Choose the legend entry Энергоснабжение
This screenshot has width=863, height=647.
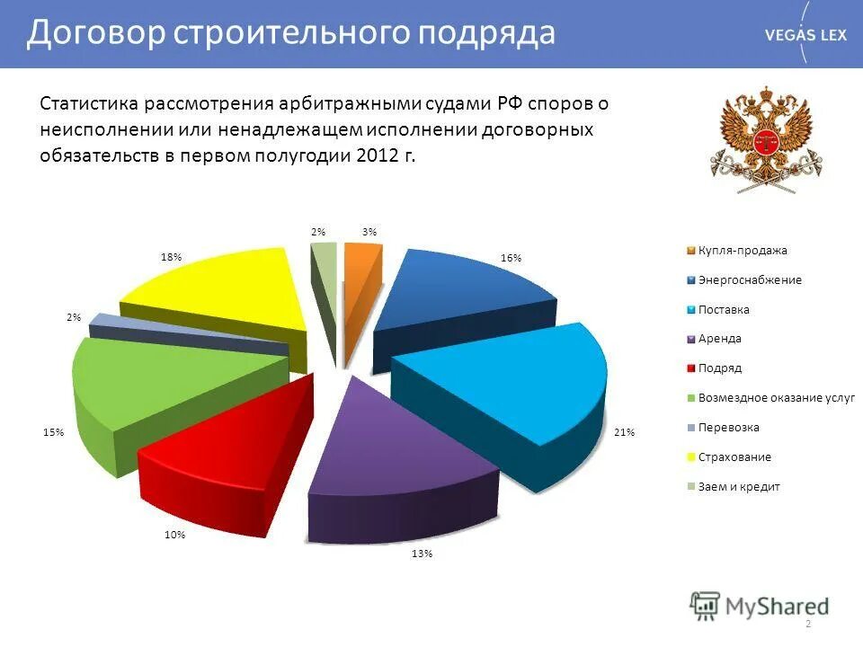750,280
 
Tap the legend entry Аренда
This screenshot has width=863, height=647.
719,339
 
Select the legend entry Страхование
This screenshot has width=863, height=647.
734,456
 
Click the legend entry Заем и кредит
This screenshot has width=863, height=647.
739,486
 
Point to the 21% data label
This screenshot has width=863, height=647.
624,432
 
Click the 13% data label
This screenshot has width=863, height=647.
423,554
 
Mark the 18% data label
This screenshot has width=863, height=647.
171,257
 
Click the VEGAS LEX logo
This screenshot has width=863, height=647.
805,34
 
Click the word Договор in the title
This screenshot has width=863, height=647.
95,34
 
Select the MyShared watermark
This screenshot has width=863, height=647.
760,606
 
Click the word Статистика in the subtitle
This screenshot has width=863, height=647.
92,103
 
